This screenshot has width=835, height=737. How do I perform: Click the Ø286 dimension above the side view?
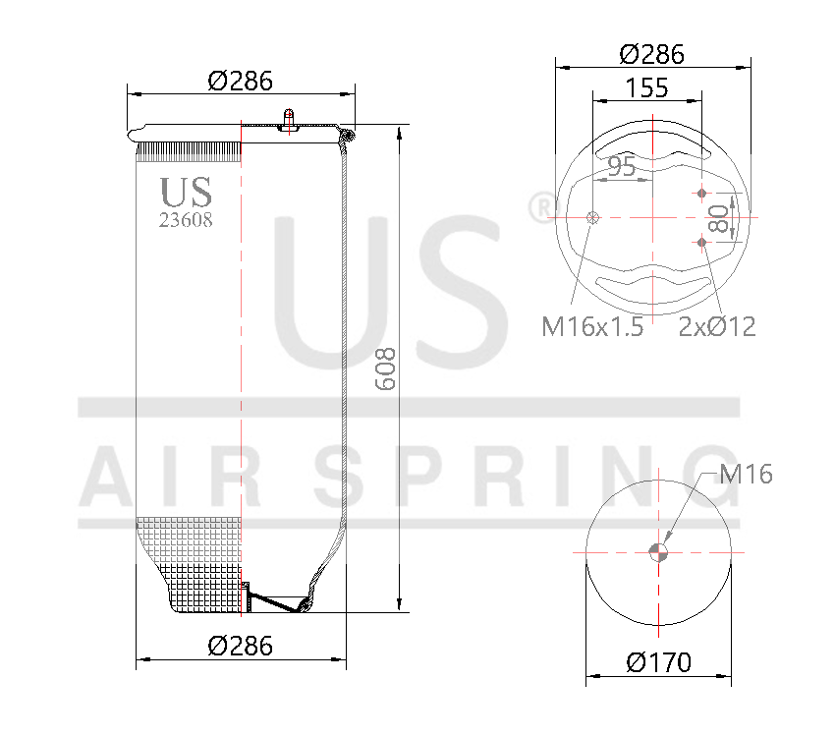241,81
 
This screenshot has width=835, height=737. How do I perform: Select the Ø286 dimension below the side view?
241,646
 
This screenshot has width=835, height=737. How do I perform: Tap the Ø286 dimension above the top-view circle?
653,54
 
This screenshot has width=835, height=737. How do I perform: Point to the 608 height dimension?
386,368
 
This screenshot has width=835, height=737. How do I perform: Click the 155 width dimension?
646,87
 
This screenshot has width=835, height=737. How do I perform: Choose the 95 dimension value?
621,166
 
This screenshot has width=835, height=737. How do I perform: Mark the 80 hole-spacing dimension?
721,217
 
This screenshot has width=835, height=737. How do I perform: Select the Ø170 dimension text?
659,662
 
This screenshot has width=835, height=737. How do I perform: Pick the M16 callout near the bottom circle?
746,475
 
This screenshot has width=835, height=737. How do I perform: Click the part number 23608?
186,220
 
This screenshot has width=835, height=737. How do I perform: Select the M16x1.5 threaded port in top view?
591,218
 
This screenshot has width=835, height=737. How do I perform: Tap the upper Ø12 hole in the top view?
701,194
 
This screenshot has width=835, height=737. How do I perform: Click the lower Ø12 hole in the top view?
701,241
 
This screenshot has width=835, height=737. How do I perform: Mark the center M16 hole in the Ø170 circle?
659,551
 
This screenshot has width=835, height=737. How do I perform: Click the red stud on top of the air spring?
288,117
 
